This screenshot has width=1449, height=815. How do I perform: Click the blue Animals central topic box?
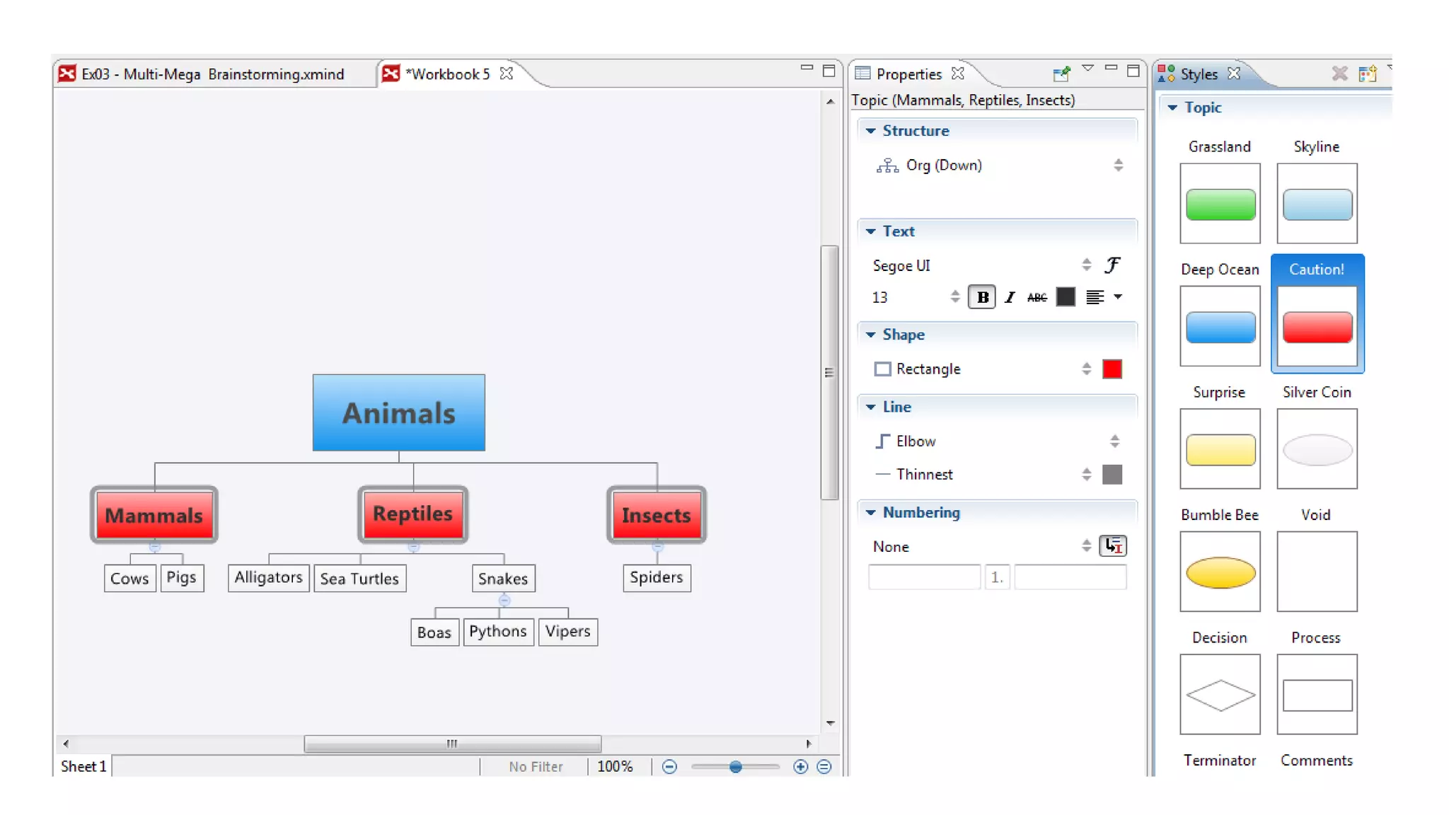[x=399, y=412]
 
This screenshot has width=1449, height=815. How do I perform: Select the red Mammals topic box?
[x=154, y=515]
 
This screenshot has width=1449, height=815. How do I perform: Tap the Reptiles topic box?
[x=412, y=514]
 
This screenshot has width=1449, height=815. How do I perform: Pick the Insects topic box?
[x=657, y=515]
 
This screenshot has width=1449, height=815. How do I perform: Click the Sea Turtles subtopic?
[x=359, y=579]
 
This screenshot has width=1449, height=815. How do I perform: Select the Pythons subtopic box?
[x=498, y=631]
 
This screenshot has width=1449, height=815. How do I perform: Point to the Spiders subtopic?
[x=657, y=577]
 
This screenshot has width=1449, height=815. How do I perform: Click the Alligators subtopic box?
[x=268, y=577]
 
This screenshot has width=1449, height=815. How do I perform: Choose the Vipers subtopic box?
[x=567, y=631]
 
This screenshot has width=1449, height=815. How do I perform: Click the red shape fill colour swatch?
[x=1112, y=369]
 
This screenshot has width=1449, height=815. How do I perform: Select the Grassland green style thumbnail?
[x=1220, y=204]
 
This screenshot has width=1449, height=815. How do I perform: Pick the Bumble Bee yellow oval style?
[x=1220, y=572]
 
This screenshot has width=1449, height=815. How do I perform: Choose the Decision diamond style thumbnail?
[x=1220, y=694]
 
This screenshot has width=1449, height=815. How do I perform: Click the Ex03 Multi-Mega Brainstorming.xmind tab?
[x=212, y=74]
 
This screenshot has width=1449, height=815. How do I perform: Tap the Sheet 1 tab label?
[x=83, y=766]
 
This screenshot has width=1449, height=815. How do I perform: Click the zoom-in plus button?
[x=800, y=767]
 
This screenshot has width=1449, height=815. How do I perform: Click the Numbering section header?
[x=921, y=512]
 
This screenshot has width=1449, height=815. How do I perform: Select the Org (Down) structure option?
[x=944, y=166]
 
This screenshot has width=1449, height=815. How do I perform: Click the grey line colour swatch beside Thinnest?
[x=1112, y=475]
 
